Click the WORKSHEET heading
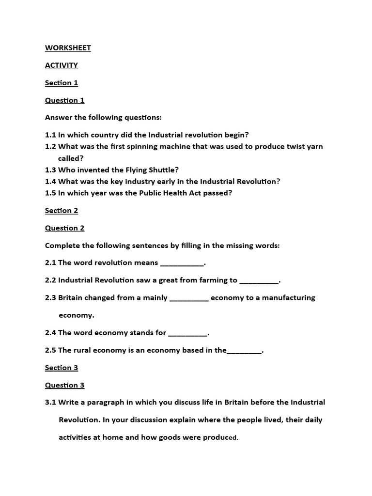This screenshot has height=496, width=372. coord(68,48)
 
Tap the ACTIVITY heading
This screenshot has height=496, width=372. coord(62,65)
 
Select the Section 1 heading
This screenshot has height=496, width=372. coord(62,83)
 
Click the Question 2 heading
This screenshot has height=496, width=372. coord(65,228)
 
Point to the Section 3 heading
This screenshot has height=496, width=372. coord(62,368)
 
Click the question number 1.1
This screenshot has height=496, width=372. coord(50,135)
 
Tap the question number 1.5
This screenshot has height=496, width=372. coord(50,193)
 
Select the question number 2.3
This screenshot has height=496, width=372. coord(50,298)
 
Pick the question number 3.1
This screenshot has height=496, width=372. coord(50,403)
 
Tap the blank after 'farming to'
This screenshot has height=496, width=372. coord(259,282)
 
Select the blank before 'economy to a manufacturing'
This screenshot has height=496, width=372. coord(189,299)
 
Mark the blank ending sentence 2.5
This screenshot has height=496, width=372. coord(244,352)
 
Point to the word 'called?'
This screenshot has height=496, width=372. coord(71,158)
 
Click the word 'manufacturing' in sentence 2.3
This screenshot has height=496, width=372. coord(289,298)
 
